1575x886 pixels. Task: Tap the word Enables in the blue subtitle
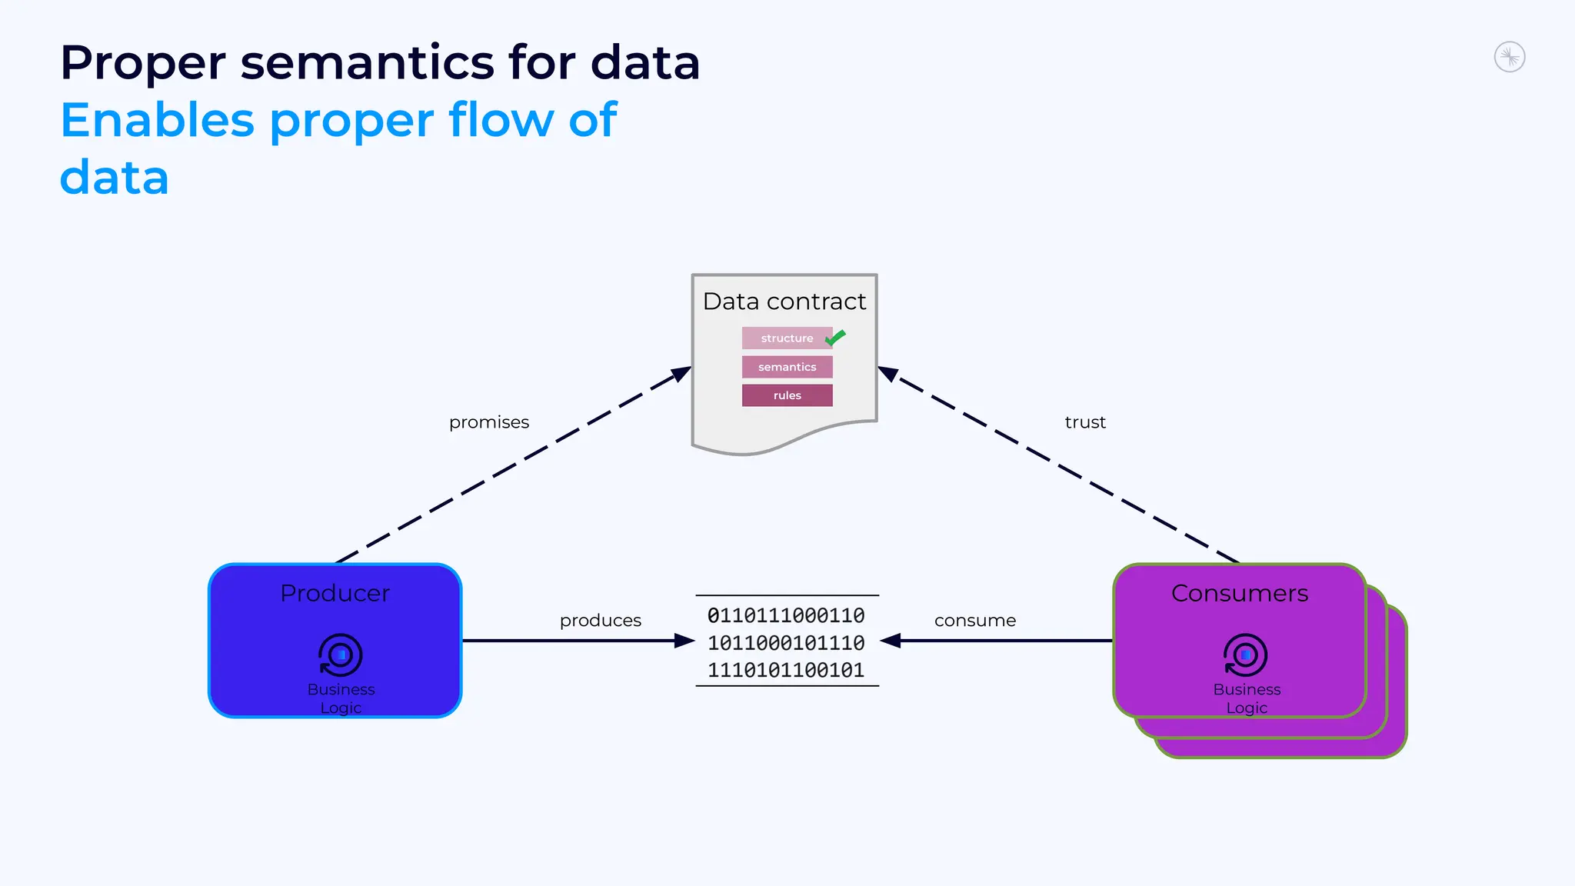coord(157,120)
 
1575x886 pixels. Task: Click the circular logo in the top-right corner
coord(1509,58)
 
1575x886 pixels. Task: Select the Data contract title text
coord(784,301)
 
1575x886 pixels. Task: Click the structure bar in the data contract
coord(786,338)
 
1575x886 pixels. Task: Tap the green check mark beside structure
coord(835,337)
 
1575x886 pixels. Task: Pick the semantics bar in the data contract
coord(787,367)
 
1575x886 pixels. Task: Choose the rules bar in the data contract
coord(787,395)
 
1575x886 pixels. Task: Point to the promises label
coord(489,422)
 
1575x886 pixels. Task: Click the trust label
coord(1084,422)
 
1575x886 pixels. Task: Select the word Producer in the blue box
coord(335,593)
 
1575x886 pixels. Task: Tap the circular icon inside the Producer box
coord(340,655)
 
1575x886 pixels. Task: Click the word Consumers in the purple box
coord(1239,593)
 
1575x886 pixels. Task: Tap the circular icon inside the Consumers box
coord(1245,655)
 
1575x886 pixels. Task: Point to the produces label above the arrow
coord(600,621)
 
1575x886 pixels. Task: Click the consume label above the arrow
coord(974,621)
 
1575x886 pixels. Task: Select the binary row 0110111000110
coord(786,615)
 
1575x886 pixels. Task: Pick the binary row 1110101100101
coord(786,670)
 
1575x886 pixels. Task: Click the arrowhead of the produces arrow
coord(684,641)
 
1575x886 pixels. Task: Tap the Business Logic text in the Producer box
coord(341,698)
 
